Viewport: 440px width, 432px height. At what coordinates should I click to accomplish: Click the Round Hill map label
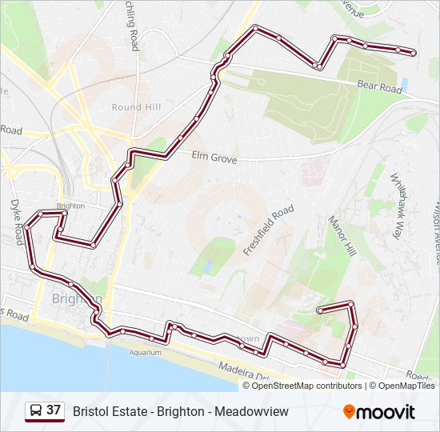click(x=137, y=107)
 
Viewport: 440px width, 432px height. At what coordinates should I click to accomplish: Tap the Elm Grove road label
click(x=214, y=158)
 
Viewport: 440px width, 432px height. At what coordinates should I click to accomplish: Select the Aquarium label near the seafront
click(x=145, y=351)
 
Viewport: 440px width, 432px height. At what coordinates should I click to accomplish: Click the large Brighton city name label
click(x=76, y=299)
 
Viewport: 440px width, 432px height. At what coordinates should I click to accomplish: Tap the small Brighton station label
click(x=70, y=206)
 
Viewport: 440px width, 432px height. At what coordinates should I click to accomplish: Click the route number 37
click(x=54, y=410)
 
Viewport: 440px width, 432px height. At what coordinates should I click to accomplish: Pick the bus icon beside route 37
click(x=36, y=411)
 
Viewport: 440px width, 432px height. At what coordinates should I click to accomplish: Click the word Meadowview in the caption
click(x=254, y=411)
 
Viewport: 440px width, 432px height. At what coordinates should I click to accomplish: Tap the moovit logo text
click(x=386, y=412)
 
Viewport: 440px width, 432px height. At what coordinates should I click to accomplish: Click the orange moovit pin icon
click(x=349, y=411)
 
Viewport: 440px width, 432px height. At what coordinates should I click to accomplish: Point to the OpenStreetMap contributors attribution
click(x=306, y=386)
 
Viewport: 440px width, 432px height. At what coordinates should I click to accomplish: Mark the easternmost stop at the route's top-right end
click(x=413, y=53)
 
